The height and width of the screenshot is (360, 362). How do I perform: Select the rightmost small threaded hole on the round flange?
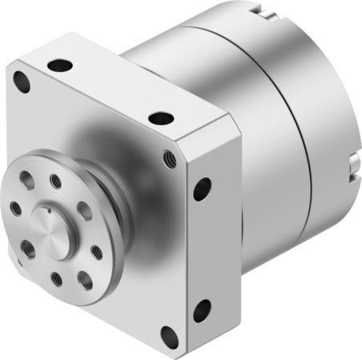click(97, 251)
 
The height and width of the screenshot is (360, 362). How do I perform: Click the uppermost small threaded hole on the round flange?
click(56, 179)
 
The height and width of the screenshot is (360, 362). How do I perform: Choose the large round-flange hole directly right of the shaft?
click(83, 211)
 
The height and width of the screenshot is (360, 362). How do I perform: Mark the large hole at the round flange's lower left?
click(28, 249)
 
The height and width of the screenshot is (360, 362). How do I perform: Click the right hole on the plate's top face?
click(161, 118)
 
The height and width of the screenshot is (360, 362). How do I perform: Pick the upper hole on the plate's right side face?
click(202, 190)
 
